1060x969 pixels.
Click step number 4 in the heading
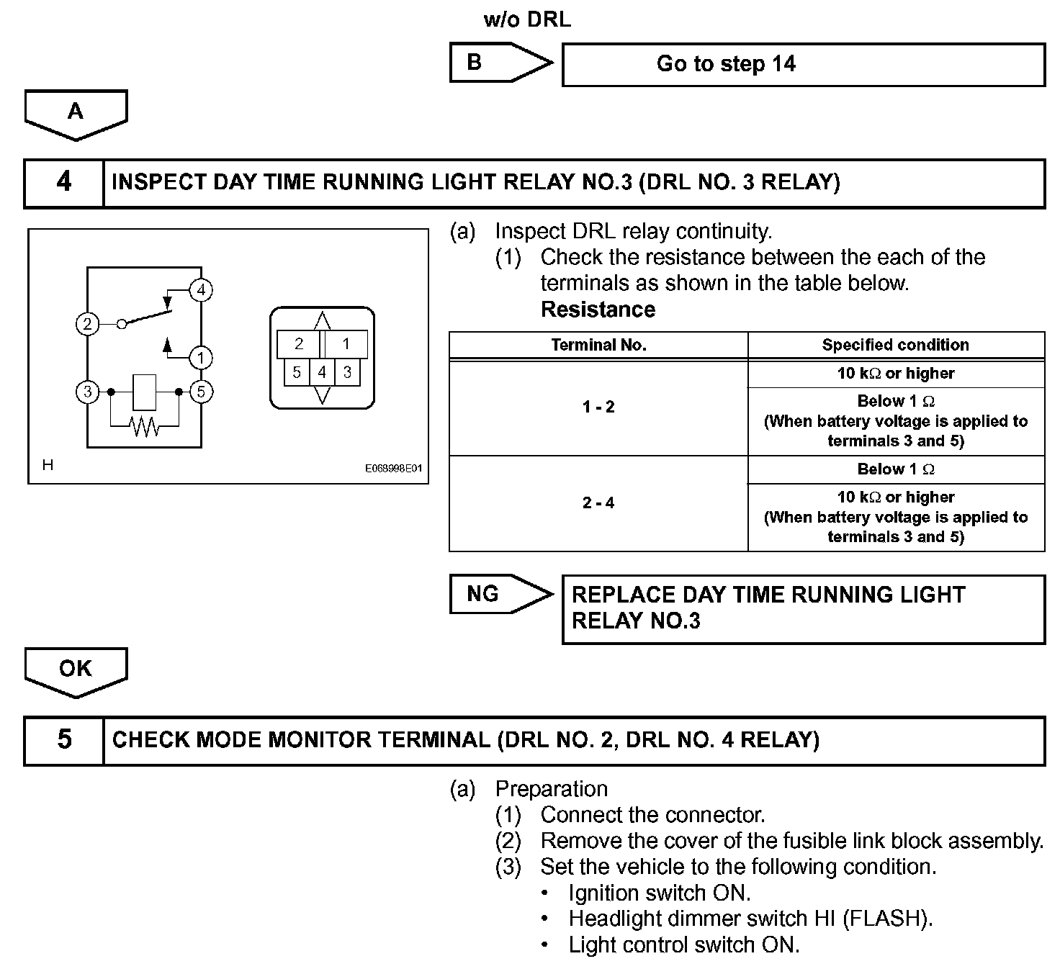click(x=64, y=183)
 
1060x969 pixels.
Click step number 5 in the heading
click(x=64, y=740)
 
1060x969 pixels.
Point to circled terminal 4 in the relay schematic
click(x=201, y=290)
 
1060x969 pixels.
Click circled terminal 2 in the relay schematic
click(x=87, y=324)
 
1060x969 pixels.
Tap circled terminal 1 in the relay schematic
click(x=201, y=358)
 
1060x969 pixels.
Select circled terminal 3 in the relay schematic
click(x=87, y=392)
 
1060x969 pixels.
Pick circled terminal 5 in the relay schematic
click(x=201, y=392)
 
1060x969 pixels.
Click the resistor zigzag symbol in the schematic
click(x=145, y=427)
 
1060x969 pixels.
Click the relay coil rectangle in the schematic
click(x=145, y=392)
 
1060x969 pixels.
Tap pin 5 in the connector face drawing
click(x=297, y=372)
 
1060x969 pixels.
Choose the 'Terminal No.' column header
click(x=598, y=345)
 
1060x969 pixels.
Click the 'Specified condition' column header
click(x=895, y=345)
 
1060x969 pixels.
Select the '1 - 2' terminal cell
click(x=598, y=407)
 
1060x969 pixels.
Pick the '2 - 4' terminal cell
click(x=598, y=503)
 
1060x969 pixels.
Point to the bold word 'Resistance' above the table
click(x=598, y=310)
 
